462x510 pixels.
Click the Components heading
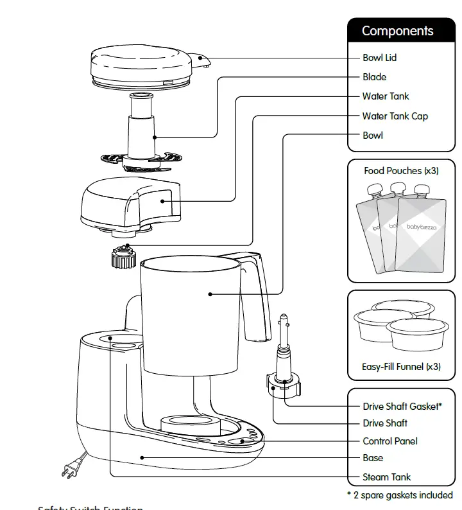point(397,31)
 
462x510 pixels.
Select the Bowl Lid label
point(379,58)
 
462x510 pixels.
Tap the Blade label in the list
point(374,77)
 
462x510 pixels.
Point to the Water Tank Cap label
point(395,116)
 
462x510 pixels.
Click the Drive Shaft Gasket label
point(402,407)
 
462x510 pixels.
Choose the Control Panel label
point(389,441)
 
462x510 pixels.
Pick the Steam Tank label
point(386,477)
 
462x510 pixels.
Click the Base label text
point(373,458)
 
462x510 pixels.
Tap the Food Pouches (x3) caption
point(402,171)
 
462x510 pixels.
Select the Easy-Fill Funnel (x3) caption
point(402,367)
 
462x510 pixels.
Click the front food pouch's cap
point(421,190)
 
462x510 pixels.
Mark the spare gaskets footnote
point(399,495)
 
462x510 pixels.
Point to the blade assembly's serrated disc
point(139,159)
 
